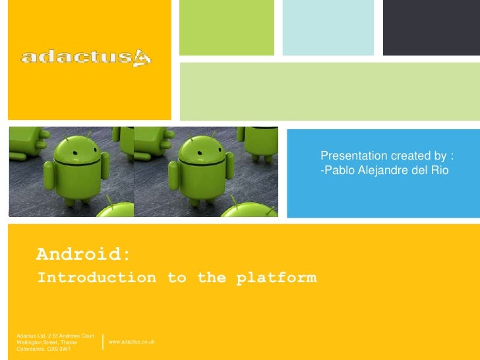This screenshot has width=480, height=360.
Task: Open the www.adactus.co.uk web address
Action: point(131,342)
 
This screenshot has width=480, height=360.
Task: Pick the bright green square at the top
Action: point(226,27)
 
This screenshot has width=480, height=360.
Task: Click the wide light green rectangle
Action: point(329,86)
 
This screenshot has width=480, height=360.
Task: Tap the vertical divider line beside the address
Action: point(104,342)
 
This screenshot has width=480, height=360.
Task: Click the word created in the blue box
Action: point(409,156)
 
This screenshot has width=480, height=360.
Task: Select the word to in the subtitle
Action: point(176,278)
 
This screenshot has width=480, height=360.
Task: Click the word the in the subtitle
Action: point(211,278)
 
